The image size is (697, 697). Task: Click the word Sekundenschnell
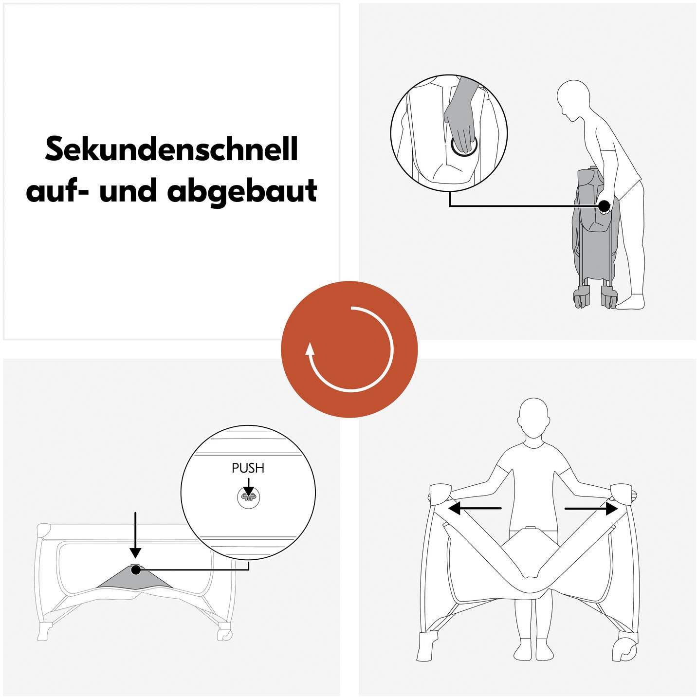coord(171,149)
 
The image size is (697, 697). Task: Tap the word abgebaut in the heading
coord(242,191)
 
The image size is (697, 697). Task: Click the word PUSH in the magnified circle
coord(248,468)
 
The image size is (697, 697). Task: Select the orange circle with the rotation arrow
coord(349,349)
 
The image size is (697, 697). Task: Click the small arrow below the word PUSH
coord(248,487)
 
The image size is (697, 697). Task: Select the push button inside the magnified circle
coord(248,497)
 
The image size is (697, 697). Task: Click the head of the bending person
coord(570,97)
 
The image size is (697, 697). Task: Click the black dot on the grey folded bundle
coord(604,206)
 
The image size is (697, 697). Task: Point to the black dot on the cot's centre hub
coord(136,569)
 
